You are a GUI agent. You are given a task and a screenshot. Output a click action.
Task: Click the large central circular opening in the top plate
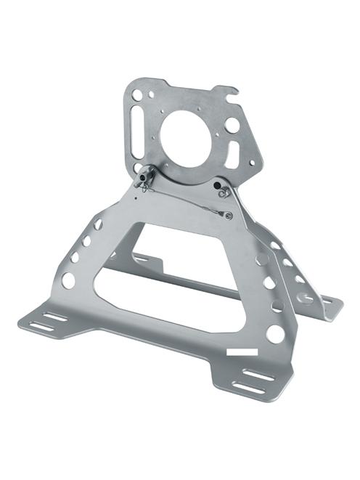tap(184, 138)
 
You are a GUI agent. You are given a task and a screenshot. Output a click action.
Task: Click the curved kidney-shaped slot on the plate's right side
tap(233, 155)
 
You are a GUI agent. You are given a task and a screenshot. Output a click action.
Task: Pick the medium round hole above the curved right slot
tap(230, 124)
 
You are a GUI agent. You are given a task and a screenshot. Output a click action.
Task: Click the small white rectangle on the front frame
tap(242, 351)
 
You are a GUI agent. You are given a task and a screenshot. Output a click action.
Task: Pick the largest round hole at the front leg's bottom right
tap(274, 333)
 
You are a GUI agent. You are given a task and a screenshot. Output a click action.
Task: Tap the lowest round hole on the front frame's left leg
tap(68, 280)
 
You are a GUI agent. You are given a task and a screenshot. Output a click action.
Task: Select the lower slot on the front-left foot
tap(44, 326)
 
